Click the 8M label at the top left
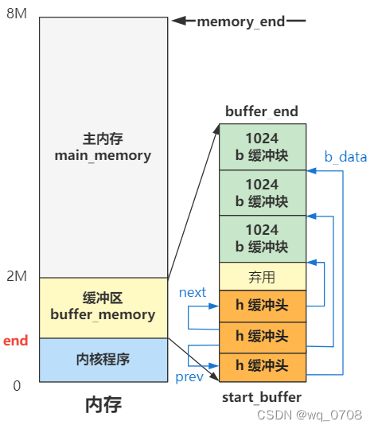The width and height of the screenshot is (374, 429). (17, 14)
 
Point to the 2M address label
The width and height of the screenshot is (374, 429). (17, 276)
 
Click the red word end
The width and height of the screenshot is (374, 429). (16, 341)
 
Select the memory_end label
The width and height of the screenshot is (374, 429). (241, 21)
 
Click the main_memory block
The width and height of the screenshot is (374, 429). (103, 147)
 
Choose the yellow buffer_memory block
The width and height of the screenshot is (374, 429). (103, 306)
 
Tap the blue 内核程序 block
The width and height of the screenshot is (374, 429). (103, 359)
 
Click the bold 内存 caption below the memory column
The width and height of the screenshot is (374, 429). (103, 406)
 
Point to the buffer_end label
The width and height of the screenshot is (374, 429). (262, 111)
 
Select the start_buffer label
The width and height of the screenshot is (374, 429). (262, 394)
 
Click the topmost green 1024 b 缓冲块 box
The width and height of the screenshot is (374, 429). (262, 146)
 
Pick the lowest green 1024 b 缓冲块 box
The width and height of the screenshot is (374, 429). (262, 238)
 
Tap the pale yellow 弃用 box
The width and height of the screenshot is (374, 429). (262, 276)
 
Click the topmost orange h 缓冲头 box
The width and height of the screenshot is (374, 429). (262, 305)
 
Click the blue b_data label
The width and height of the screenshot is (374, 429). (345, 157)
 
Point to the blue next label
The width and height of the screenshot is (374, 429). (193, 292)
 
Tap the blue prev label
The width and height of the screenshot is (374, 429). (189, 376)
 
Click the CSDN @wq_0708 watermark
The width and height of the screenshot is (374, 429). (312, 415)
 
